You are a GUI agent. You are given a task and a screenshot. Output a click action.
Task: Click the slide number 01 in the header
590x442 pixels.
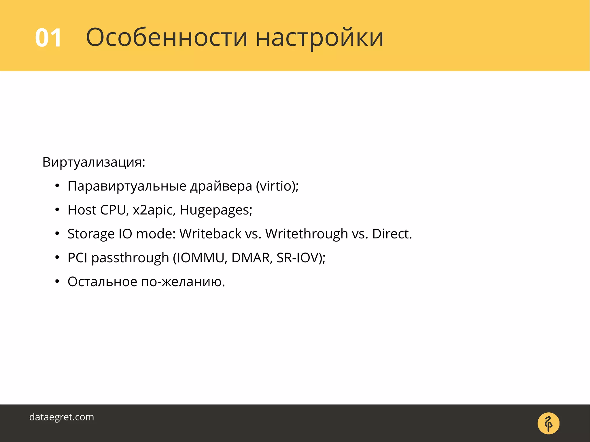pos(48,38)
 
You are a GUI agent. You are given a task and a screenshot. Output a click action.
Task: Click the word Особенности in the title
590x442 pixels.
pos(167,38)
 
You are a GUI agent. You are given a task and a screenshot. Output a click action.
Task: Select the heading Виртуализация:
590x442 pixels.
pos(94,162)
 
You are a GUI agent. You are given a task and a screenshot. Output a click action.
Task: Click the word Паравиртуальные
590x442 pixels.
pos(127,186)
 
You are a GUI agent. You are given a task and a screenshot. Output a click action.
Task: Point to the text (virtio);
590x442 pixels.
pos(277,186)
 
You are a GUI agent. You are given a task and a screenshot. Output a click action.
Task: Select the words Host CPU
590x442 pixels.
pos(97,210)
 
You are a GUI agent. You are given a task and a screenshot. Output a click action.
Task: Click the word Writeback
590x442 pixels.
pos(210,234)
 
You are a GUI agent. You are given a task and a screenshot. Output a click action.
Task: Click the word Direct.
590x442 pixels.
pos(391,234)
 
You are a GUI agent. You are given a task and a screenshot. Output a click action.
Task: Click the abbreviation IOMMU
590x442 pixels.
pos(200,258)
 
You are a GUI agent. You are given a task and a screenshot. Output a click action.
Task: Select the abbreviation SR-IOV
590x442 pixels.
pos(298,258)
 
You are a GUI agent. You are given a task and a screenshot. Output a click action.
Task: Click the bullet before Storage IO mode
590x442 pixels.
pos(57,234)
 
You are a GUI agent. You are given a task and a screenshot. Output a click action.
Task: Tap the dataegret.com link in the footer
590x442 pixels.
pos(62,417)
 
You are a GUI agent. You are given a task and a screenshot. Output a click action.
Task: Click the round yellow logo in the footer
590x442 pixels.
pos(548,423)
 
